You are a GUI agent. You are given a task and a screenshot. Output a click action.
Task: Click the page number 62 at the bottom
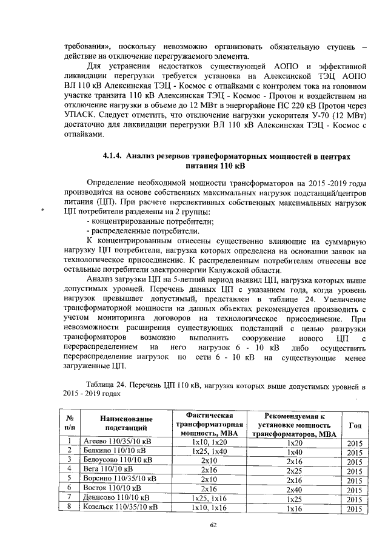(213, 525)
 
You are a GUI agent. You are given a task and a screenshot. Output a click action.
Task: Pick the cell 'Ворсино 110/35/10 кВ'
(119, 479)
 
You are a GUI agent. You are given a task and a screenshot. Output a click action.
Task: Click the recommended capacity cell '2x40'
(293, 488)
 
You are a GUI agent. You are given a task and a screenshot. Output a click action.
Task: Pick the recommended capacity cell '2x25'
(293, 470)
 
